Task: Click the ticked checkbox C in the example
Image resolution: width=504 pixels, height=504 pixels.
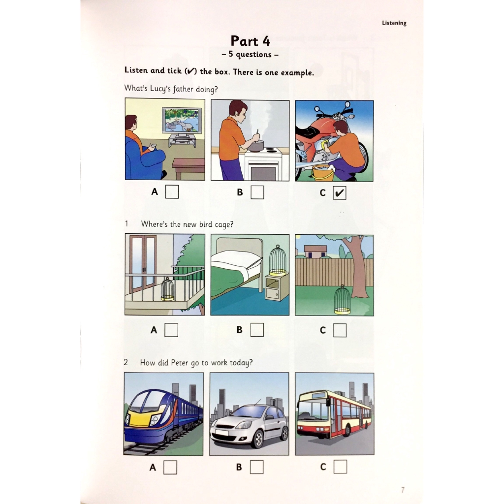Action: (340, 192)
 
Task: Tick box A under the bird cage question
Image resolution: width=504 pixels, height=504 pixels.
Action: (171, 330)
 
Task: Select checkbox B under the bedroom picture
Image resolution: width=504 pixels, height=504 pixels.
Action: (256, 330)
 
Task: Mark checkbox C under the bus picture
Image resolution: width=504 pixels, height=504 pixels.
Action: (340, 466)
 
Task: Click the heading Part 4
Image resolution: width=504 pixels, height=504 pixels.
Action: (251, 40)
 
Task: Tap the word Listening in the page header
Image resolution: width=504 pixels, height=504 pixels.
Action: (394, 23)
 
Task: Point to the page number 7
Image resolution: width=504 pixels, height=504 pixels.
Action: (403, 490)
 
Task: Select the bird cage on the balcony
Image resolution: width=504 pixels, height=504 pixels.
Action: (168, 290)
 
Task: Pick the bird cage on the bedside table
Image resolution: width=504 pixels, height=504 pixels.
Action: (278, 259)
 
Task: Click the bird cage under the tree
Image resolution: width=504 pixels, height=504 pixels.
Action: (342, 300)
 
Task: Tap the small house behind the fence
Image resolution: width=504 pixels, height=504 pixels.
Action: (315, 252)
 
